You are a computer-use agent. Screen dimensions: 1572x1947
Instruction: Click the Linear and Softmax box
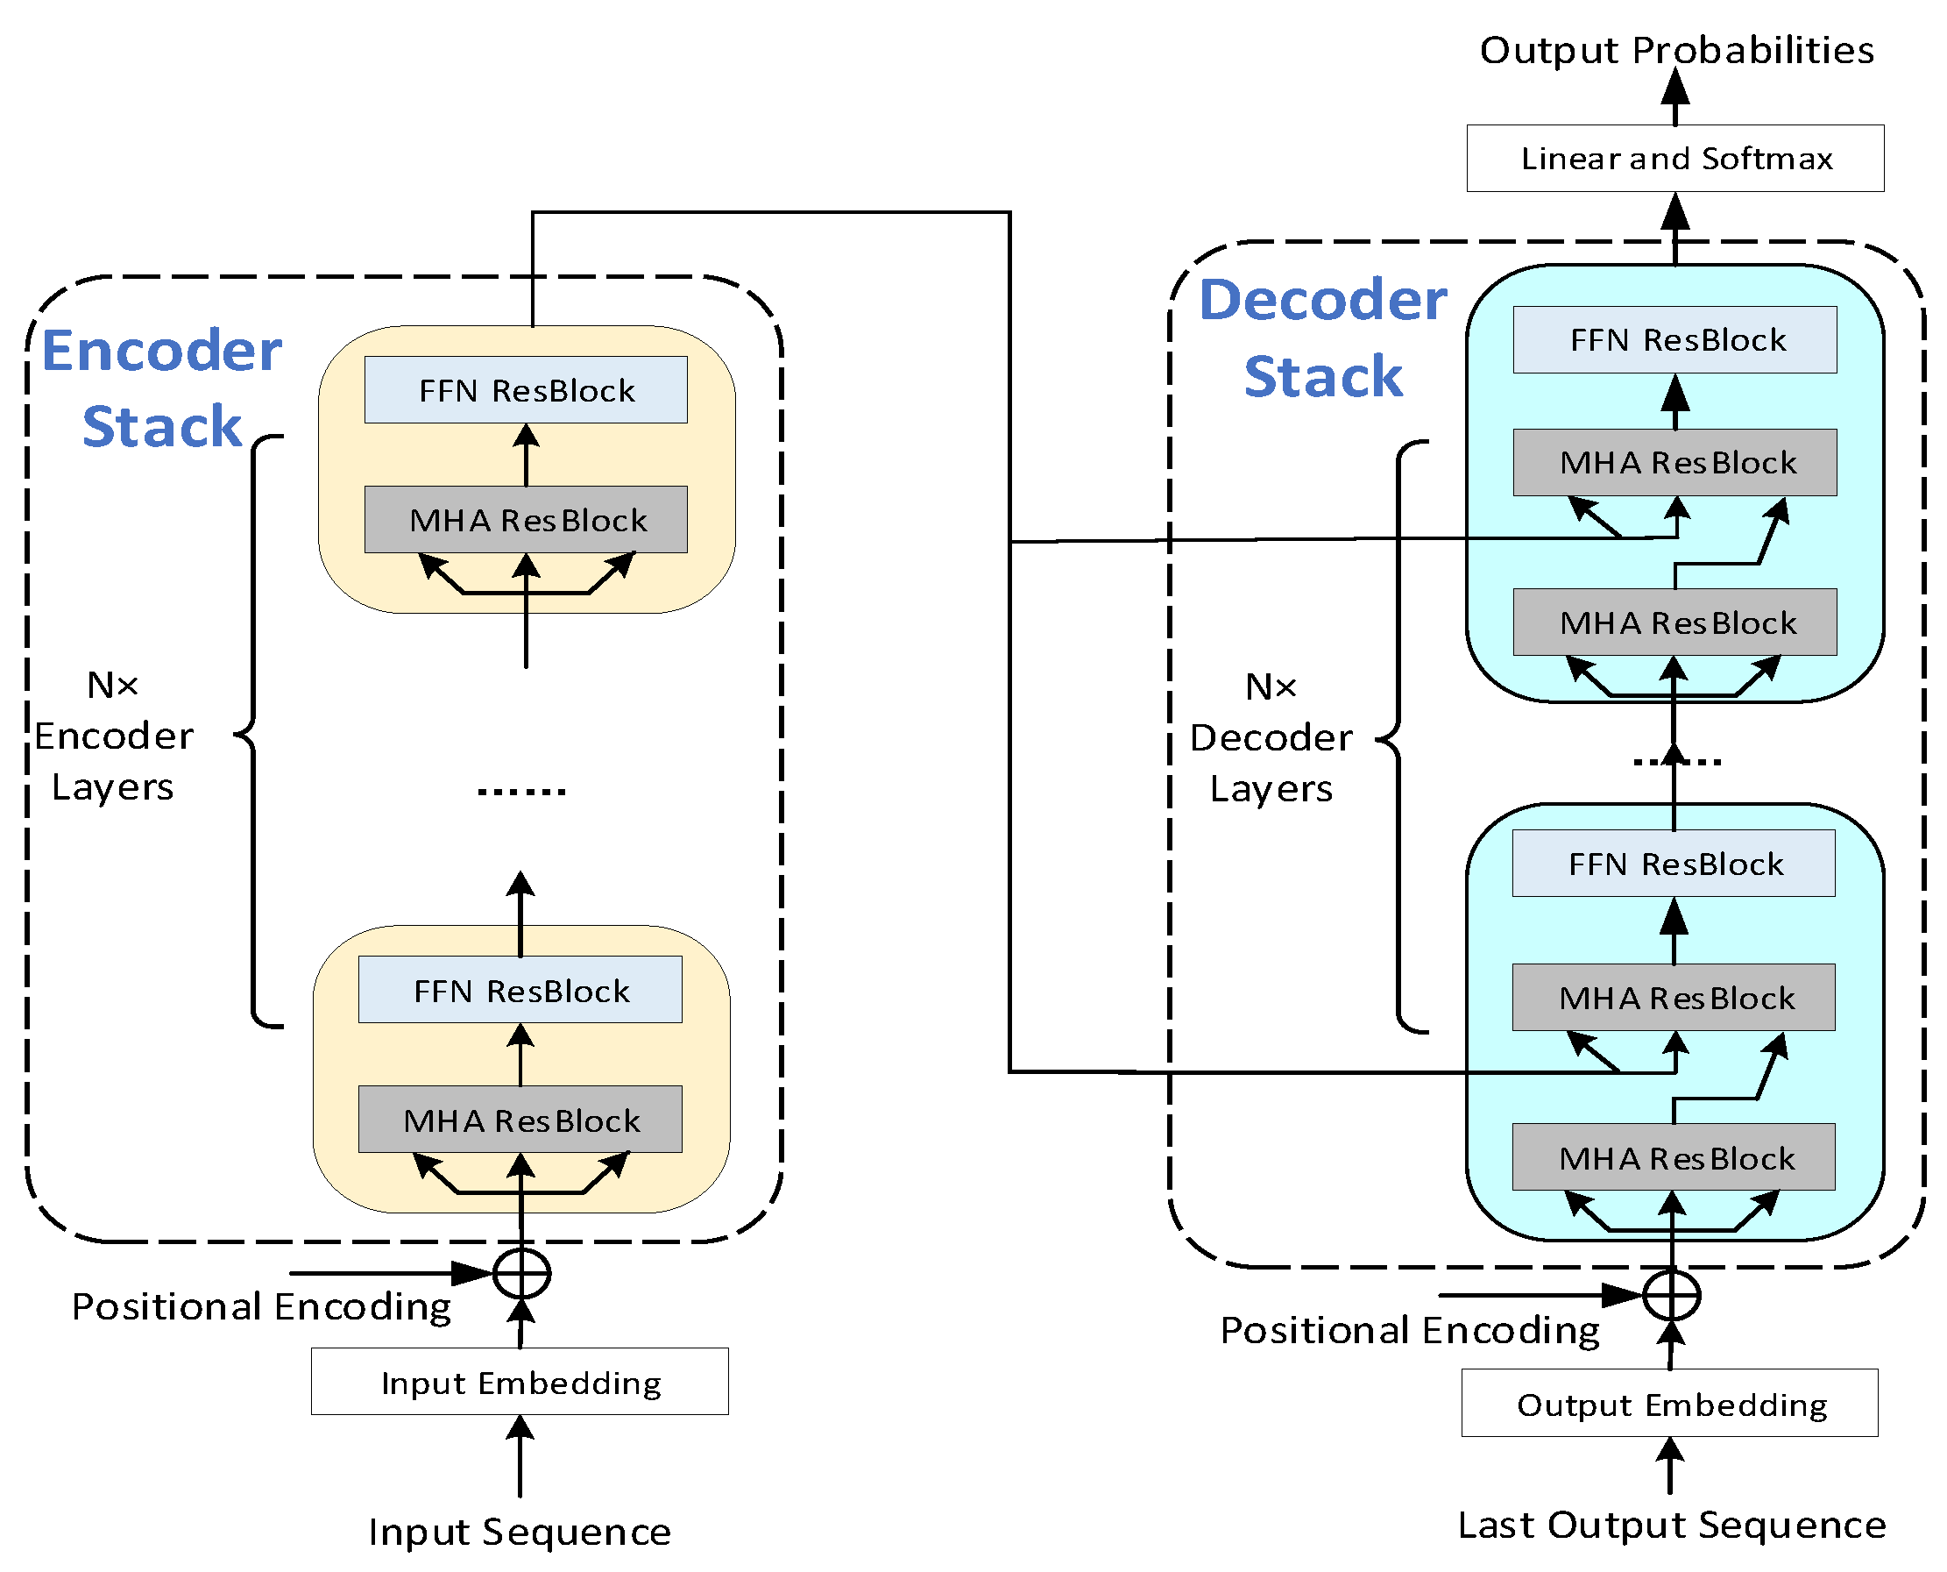click(1674, 159)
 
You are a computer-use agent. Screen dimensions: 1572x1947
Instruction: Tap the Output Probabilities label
click(1676, 50)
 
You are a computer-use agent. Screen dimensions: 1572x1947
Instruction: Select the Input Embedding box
click(520, 1382)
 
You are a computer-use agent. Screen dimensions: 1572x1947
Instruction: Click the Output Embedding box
click(1670, 1404)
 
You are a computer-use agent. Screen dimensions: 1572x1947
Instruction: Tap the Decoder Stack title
click(1322, 337)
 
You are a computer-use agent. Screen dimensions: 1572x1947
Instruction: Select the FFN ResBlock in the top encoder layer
click(526, 390)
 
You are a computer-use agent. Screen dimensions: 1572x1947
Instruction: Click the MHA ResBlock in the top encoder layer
click(526, 520)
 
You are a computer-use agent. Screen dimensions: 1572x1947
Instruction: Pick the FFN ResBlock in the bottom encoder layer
click(520, 991)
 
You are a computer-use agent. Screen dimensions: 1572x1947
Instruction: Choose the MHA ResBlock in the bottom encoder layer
click(520, 1120)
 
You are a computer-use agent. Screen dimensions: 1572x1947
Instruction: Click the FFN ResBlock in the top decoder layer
click(1675, 339)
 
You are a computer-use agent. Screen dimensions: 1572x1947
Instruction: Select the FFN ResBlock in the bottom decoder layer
click(1674, 864)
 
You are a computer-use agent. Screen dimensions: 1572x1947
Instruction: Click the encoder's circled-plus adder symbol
click(521, 1274)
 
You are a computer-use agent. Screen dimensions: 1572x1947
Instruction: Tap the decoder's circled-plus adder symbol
click(1671, 1296)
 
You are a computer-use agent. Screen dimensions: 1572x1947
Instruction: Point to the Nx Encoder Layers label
click(113, 736)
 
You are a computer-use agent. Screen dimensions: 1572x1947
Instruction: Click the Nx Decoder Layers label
click(1271, 737)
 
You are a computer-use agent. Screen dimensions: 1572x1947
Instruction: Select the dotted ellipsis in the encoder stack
click(521, 792)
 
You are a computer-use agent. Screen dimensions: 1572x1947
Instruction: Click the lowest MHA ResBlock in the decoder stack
click(1674, 1157)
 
